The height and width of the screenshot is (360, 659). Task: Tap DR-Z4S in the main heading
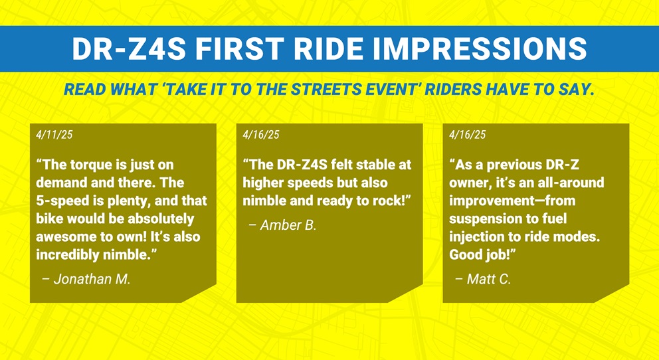point(129,48)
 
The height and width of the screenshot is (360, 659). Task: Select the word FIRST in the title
point(238,48)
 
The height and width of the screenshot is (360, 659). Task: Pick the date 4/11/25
point(54,134)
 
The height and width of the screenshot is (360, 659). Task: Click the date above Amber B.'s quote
point(261,134)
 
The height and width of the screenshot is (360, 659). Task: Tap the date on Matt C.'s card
point(468,134)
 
